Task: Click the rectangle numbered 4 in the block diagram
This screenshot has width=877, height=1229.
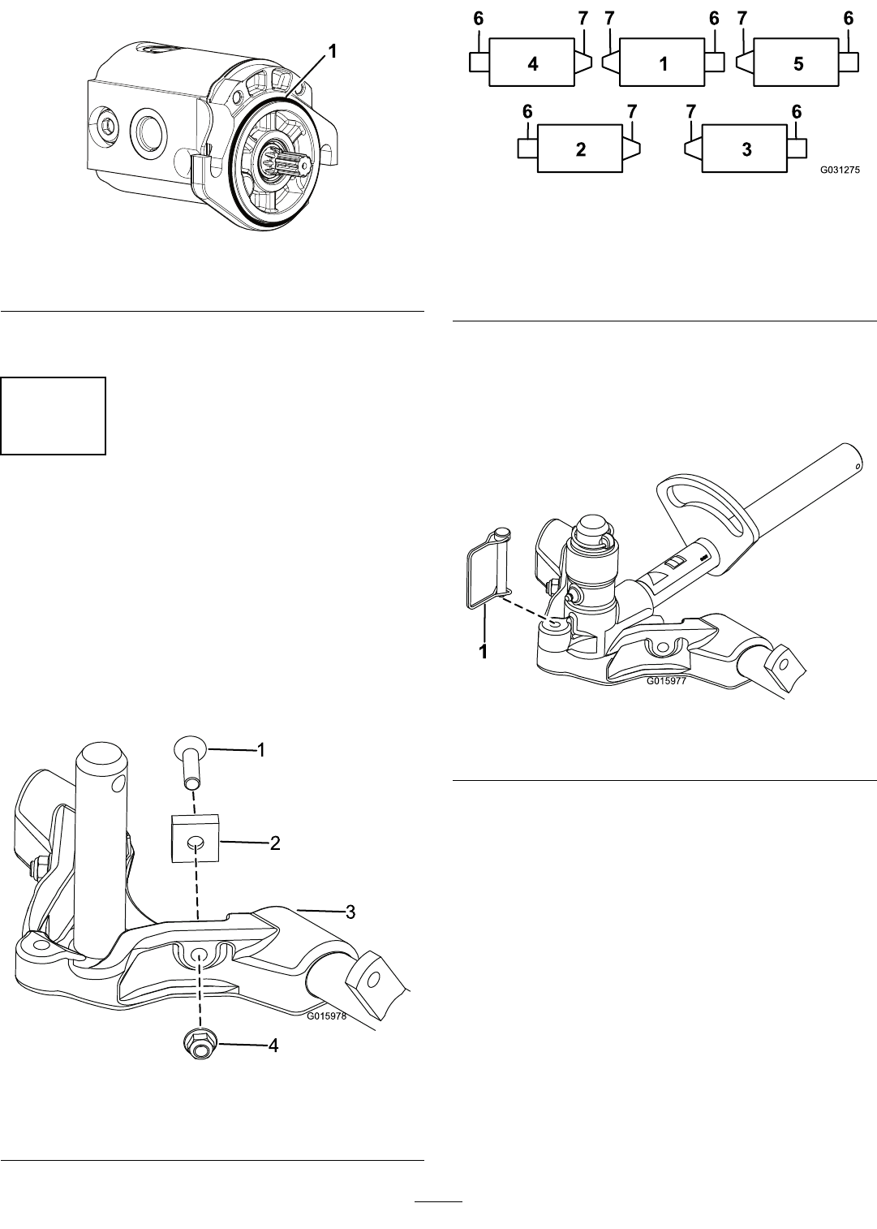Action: click(531, 63)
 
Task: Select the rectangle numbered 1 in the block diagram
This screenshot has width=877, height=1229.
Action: click(662, 63)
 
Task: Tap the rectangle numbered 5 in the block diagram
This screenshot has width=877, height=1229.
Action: click(797, 63)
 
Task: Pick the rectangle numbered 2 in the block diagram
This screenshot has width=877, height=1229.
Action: click(580, 149)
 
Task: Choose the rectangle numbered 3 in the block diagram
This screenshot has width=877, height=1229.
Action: click(745, 149)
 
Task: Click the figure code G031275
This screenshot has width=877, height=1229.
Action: click(840, 170)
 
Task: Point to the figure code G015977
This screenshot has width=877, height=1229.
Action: click(666, 681)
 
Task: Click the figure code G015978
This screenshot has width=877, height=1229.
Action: click(326, 1016)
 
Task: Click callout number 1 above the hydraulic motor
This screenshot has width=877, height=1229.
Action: click(332, 52)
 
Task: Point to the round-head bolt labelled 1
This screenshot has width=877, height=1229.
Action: click(189, 766)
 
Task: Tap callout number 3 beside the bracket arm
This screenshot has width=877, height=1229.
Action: click(350, 912)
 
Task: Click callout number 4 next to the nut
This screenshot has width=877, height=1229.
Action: click(273, 1046)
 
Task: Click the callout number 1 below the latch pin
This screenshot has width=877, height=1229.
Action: click(484, 652)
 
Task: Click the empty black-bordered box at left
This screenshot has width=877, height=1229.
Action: click(54, 416)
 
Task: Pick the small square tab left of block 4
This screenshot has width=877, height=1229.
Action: click(479, 62)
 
